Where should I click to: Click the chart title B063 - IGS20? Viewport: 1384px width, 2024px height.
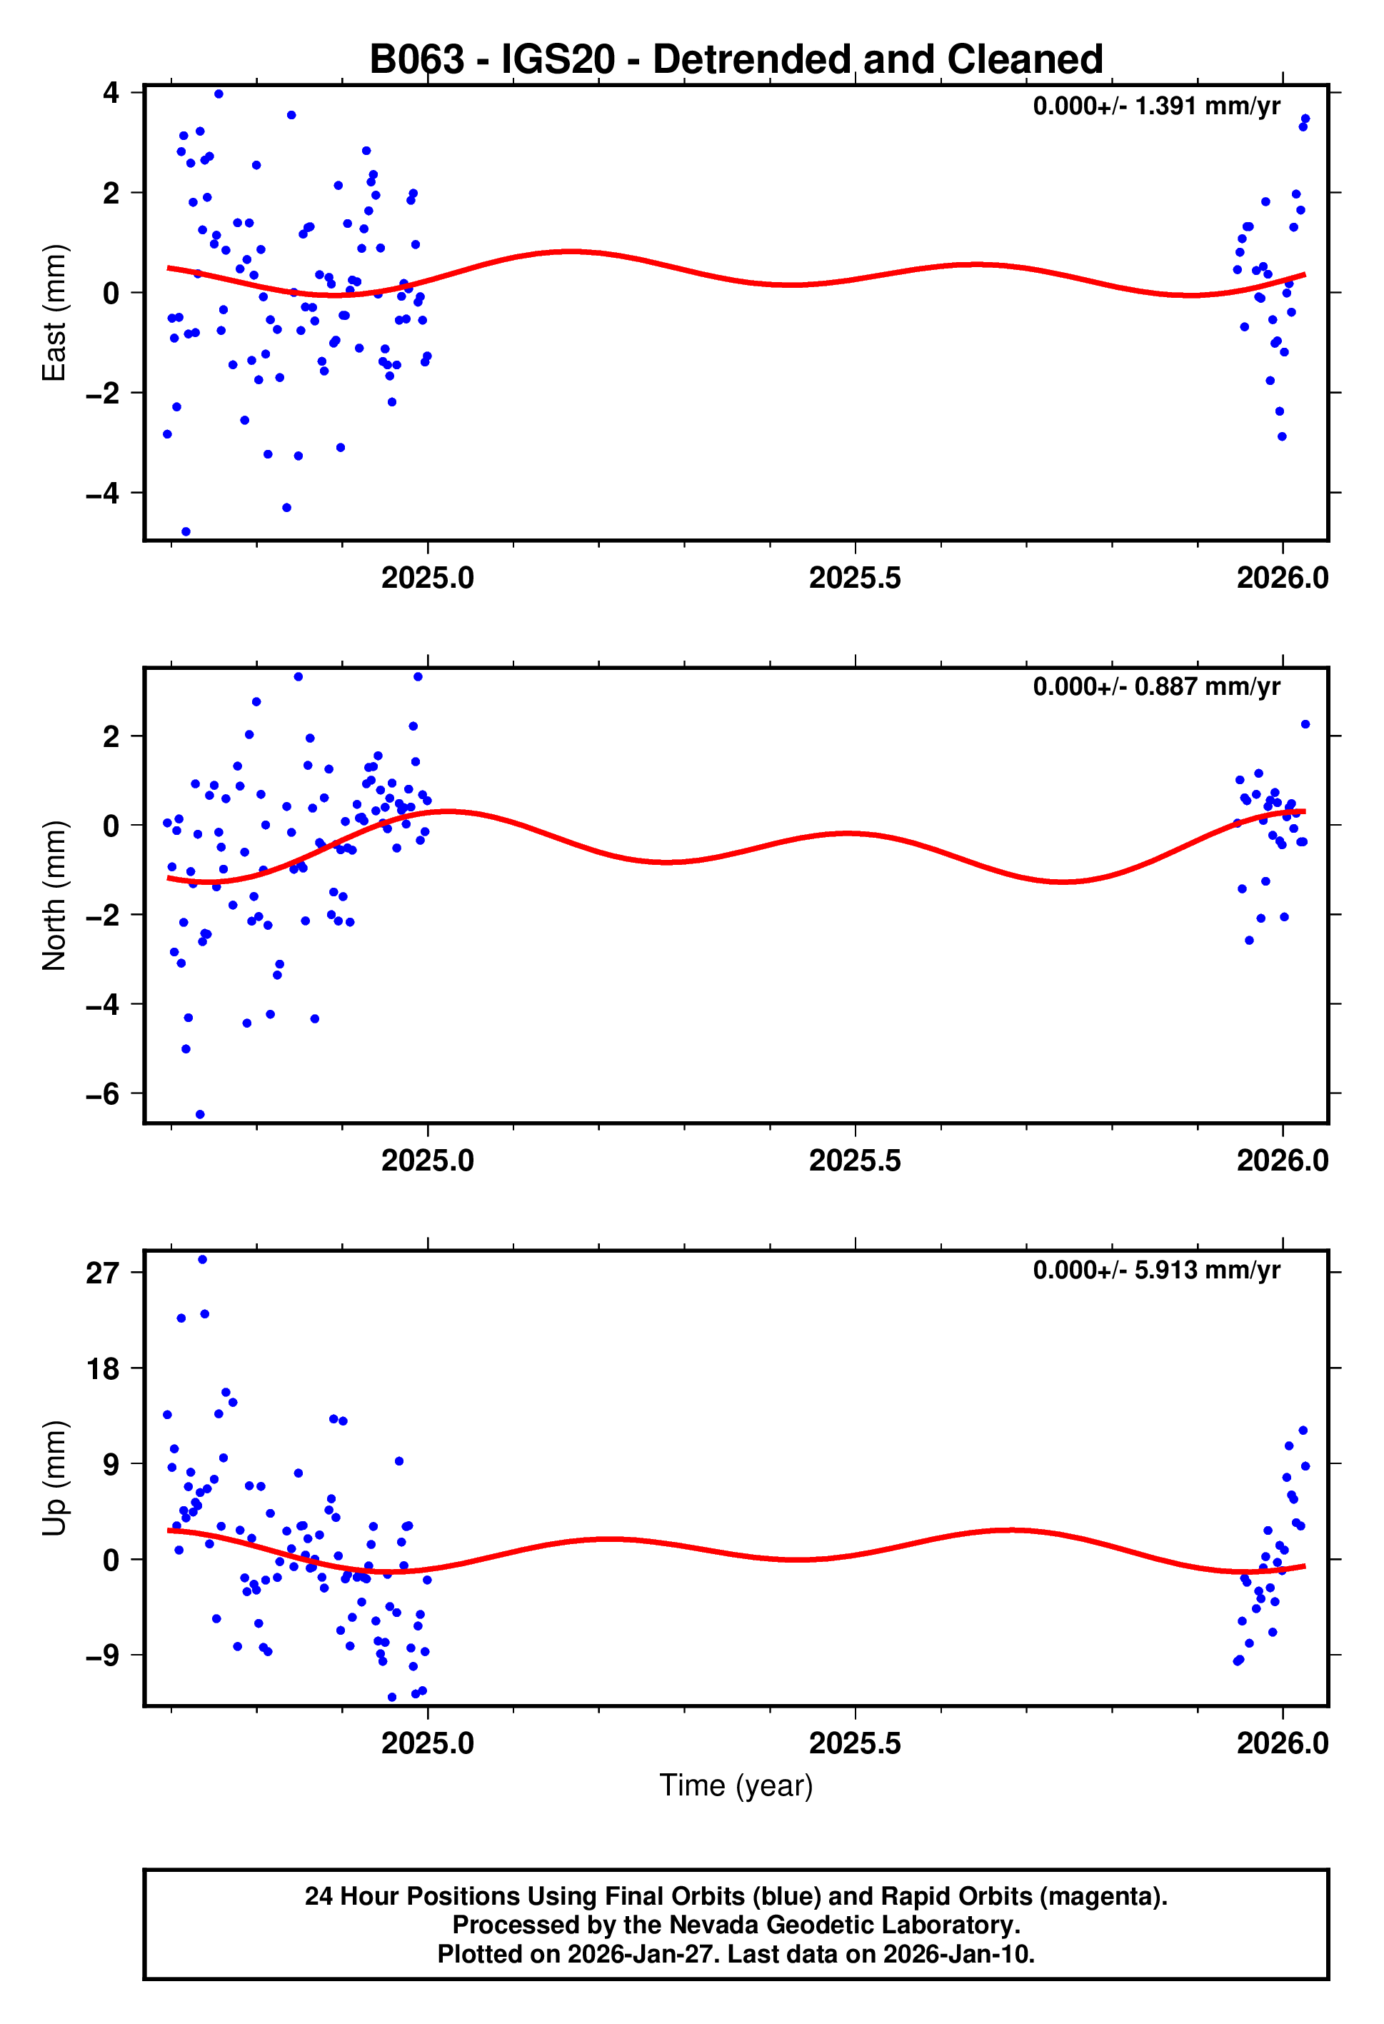[x=736, y=60]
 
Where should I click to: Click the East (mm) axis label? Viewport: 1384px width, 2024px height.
[x=54, y=313]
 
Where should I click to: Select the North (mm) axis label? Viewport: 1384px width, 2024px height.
[x=54, y=896]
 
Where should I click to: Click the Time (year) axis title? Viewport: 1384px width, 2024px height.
[x=736, y=1785]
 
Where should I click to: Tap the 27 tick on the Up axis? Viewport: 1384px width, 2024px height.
[x=102, y=1273]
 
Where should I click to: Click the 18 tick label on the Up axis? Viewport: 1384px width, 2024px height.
[x=102, y=1369]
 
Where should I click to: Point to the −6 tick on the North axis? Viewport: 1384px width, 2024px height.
[x=102, y=1095]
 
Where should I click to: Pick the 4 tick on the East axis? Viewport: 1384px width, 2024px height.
[x=111, y=92]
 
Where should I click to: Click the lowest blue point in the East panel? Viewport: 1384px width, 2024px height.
[x=186, y=531]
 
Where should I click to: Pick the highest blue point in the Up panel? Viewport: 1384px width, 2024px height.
[x=202, y=1259]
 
